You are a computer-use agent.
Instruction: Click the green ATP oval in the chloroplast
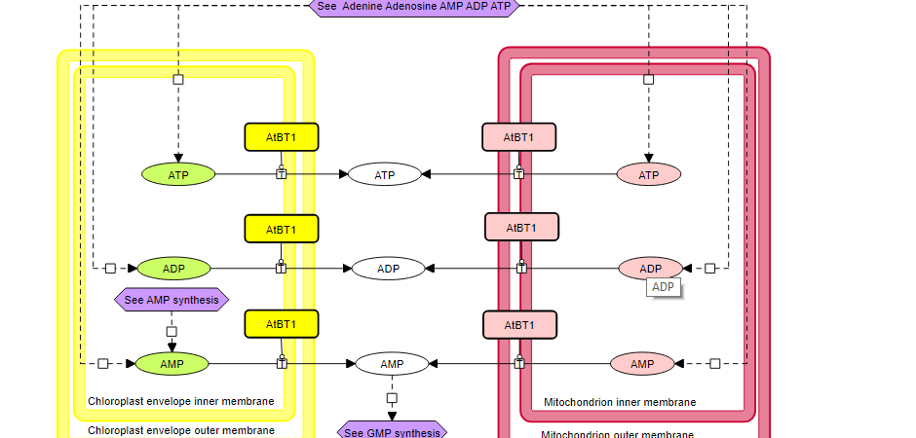[x=178, y=174]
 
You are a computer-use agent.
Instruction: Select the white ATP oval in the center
[x=385, y=175]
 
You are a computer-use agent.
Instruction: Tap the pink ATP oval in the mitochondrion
[x=648, y=175]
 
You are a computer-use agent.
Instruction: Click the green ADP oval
[x=173, y=268]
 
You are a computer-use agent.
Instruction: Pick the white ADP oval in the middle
[x=388, y=269]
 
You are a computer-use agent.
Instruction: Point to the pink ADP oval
[x=650, y=269]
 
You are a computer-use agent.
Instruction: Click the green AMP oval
[x=172, y=364]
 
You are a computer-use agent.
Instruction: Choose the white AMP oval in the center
[x=392, y=364]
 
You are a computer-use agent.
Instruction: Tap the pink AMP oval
[x=642, y=364]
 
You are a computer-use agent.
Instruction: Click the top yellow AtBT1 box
[x=282, y=137]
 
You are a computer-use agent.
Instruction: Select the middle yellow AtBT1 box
[x=282, y=229]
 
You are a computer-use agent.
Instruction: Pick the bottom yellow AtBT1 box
[x=282, y=323]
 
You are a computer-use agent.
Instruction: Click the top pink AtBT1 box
[x=518, y=137]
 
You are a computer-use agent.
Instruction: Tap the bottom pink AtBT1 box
[x=519, y=324]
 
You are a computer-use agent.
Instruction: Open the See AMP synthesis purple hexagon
[x=172, y=300]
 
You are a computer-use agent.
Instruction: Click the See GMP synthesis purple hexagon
[x=392, y=432]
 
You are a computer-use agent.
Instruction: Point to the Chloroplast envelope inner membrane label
[x=180, y=401]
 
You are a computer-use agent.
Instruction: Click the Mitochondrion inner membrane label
[x=620, y=402]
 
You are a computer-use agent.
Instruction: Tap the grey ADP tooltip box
[x=663, y=287]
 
